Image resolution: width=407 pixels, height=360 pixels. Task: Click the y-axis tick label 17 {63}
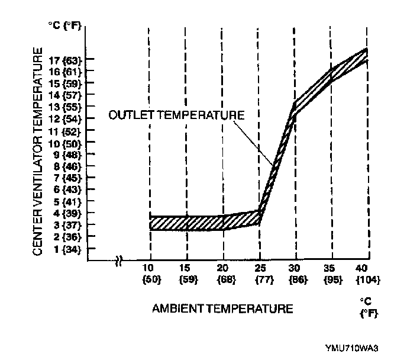pos(65,59)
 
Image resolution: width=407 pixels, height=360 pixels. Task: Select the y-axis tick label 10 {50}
pos(65,143)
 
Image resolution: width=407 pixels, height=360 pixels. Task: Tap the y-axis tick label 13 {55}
pos(65,107)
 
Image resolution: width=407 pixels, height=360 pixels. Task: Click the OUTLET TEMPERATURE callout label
pos(176,115)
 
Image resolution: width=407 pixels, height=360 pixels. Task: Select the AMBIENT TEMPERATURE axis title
pos(222,308)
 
